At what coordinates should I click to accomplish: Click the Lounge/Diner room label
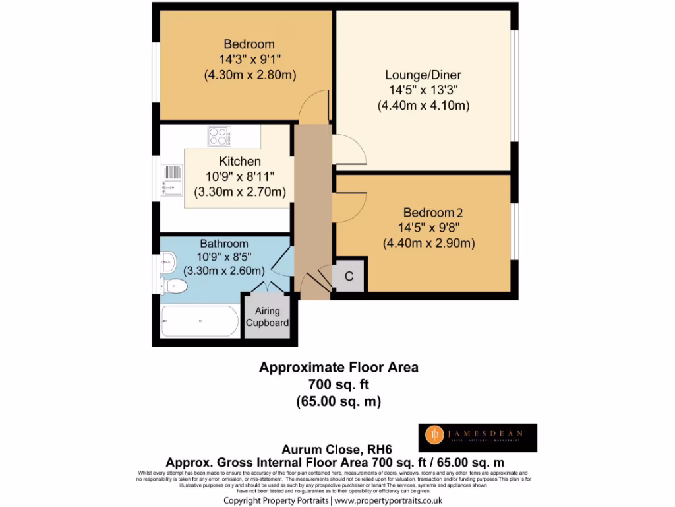tap(424, 75)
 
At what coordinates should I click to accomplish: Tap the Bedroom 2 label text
tap(433, 213)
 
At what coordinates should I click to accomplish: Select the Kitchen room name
tap(240, 161)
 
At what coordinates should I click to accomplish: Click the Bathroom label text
tap(224, 244)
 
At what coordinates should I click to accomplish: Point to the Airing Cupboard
tap(268, 317)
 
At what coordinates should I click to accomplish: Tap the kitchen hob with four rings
tap(219, 137)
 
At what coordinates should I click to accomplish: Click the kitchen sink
tap(171, 180)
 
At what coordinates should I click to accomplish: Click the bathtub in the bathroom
tap(200, 321)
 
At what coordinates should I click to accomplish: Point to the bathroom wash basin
tap(168, 263)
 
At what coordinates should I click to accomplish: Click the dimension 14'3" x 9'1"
tap(249, 59)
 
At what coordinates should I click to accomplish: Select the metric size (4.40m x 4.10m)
tap(423, 105)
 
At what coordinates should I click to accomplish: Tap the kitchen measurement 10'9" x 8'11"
tap(240, 176)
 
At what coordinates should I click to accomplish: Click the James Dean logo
tap(479, 438)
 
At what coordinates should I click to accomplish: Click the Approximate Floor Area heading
tap(338, 367)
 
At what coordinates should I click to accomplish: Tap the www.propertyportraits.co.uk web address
tap(388, 501)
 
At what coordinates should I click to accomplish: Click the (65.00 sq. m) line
tap(338, 401)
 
